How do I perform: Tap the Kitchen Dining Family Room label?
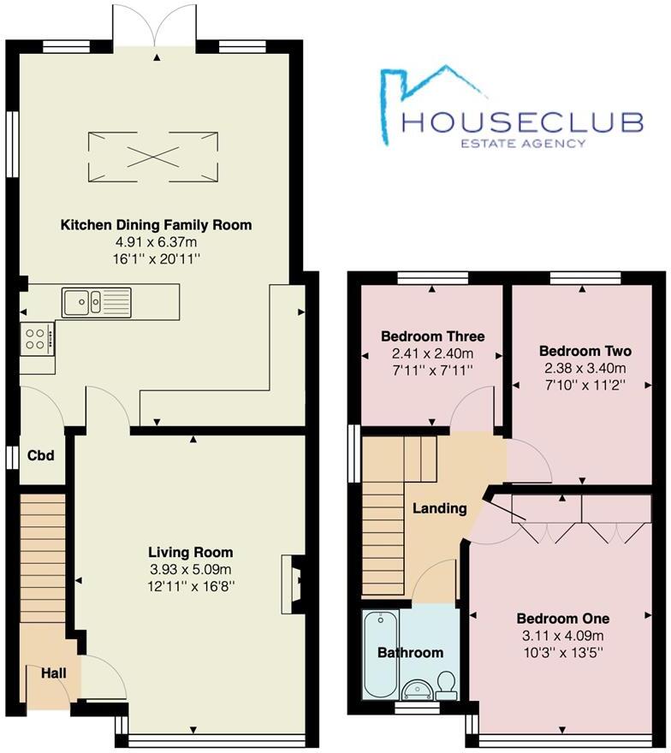(x=156, y=225)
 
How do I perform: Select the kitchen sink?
(x=95, y=301)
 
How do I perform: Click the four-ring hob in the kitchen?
(x=37, y=338)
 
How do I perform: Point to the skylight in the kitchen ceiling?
(x=156, y=156)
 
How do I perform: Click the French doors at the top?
(x=157, y=28)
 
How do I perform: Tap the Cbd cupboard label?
(x=40, y=455)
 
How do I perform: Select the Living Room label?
(x=190, y=552)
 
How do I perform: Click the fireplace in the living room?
(x=293, y=584)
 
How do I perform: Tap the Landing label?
(x=440, y=508)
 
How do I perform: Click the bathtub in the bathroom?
(x=378, y=655)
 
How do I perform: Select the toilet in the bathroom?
(x=445, y=682)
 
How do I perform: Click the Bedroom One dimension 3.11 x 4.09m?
(x=562, y=635)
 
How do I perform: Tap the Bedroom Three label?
(x=432, y=335)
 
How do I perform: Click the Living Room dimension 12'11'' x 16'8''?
(x=190, y=586)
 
